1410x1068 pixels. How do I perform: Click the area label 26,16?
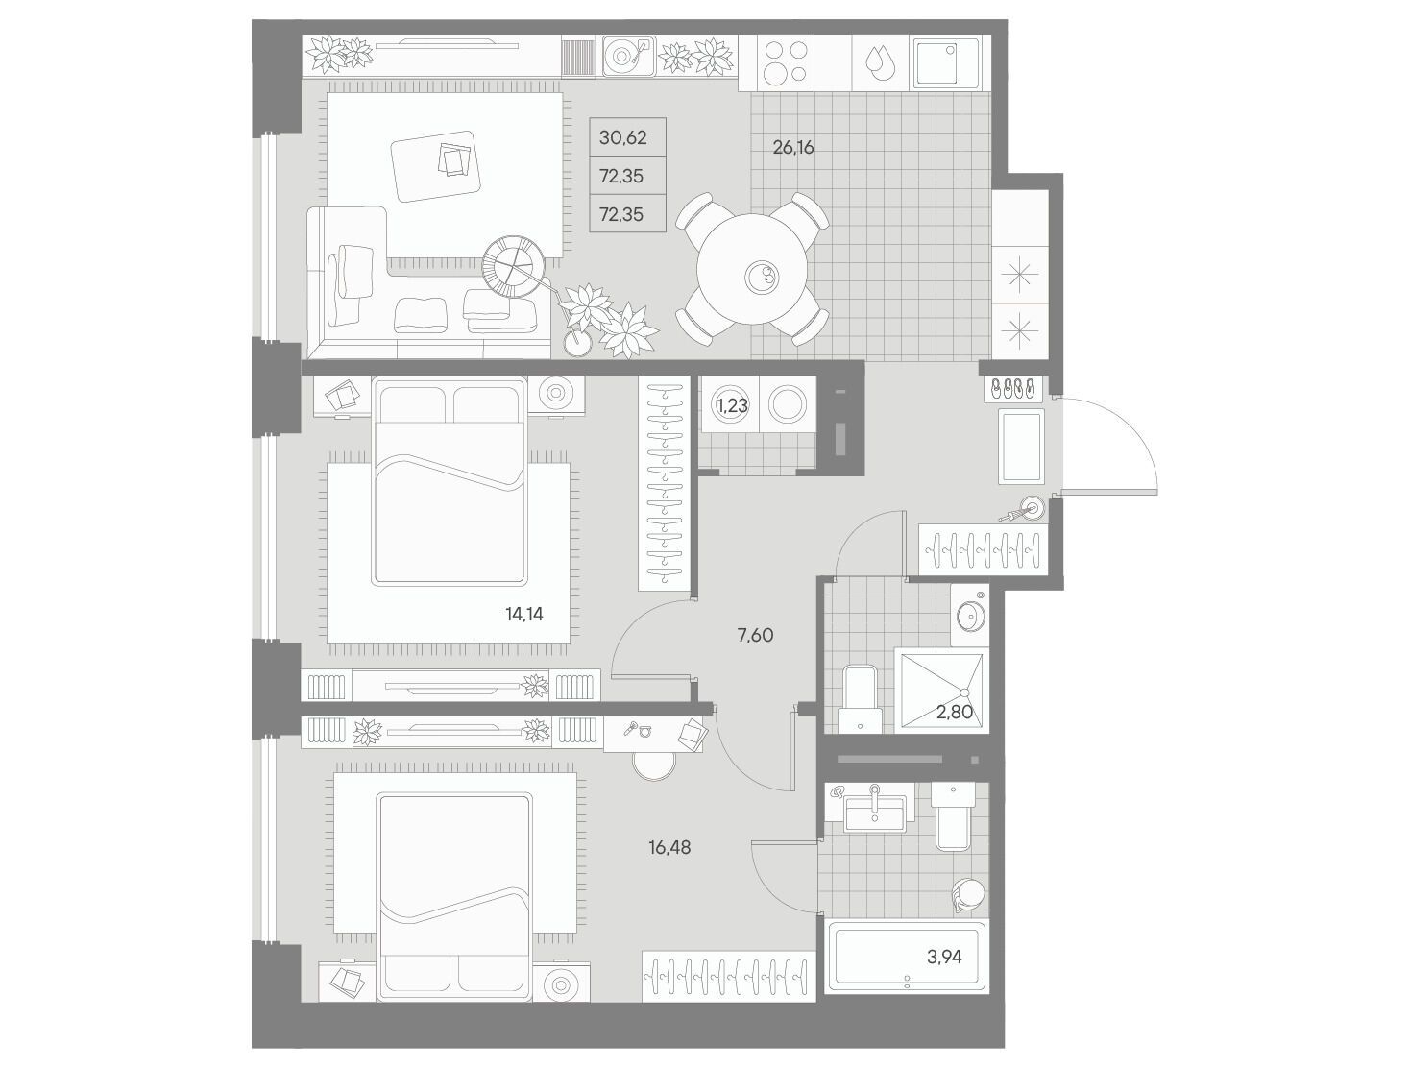click(792, 148)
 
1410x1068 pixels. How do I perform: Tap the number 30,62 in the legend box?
click(622, 137)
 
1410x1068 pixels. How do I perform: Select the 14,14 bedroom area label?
click(524, 614)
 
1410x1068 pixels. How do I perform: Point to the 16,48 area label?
click(669, 847)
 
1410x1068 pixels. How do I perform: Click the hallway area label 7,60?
click(756, 635)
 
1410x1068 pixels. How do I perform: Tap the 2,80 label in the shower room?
click(955, 712)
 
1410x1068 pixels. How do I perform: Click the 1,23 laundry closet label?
click(732, 405)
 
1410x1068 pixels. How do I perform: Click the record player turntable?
click(628, 57)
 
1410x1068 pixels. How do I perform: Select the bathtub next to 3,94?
click(907, 957)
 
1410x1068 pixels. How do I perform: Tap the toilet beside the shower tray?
click(860, 700)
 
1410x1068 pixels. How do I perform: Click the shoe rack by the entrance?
click(1011, 390)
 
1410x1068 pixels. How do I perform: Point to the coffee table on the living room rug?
click(436, 166)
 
